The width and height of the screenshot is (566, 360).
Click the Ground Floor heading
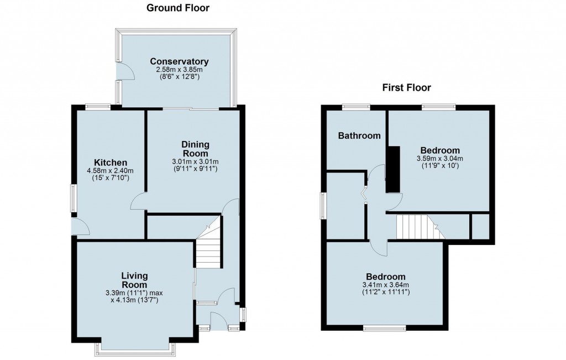click(177, 8)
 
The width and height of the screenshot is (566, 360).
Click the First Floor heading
click(406, 87)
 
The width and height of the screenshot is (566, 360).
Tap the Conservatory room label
click(180, 61)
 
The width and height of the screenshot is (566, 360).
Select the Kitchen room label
click(111, 163)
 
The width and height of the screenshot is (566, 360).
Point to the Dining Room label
click(195, 149)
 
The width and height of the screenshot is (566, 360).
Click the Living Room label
click(134, 280)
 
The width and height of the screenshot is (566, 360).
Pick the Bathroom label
click(359, 136)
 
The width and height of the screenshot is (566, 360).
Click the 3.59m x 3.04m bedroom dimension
click(440, 159)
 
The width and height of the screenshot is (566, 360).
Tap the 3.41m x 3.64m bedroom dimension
click(386, 285)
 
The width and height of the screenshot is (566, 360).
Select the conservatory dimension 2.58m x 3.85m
click(180, 70)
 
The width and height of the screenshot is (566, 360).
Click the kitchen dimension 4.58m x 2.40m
click(111, 171)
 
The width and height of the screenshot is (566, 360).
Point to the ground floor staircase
click(208, 242)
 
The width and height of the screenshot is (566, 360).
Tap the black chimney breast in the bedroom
click(394, 169)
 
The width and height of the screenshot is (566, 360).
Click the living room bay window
click(136, 348)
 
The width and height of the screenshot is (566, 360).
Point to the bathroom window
click(357, 107)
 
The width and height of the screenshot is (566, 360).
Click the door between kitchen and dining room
click(139, 201)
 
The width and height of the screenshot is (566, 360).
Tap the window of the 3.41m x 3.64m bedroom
click(385, 328)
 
